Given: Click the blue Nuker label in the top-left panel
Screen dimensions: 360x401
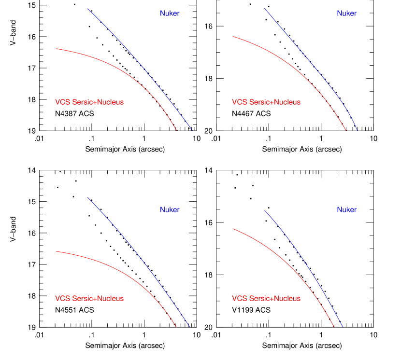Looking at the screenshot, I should [170, 14].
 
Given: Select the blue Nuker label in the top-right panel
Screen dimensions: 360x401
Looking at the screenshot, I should [346, 14].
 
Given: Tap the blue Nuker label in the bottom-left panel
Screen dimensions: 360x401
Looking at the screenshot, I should [170, 210].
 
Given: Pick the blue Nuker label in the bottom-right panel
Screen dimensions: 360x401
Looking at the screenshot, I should [346, 210].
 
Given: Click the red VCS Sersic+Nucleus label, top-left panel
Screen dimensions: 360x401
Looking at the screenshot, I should [89, 102].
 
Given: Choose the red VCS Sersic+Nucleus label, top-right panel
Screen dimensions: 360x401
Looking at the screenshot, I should [266, 102].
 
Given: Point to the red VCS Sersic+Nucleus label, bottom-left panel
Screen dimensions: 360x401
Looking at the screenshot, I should [89, 299].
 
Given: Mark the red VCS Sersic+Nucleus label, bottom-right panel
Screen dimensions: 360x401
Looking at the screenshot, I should [266, 299].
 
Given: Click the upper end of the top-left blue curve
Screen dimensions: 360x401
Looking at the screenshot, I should [87, 9].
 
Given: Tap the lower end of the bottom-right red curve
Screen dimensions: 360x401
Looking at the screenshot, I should [334, 327].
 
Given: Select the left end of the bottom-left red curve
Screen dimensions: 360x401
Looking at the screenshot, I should [56, 251].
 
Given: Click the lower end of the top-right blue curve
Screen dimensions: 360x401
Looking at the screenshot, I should [357, 130].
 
